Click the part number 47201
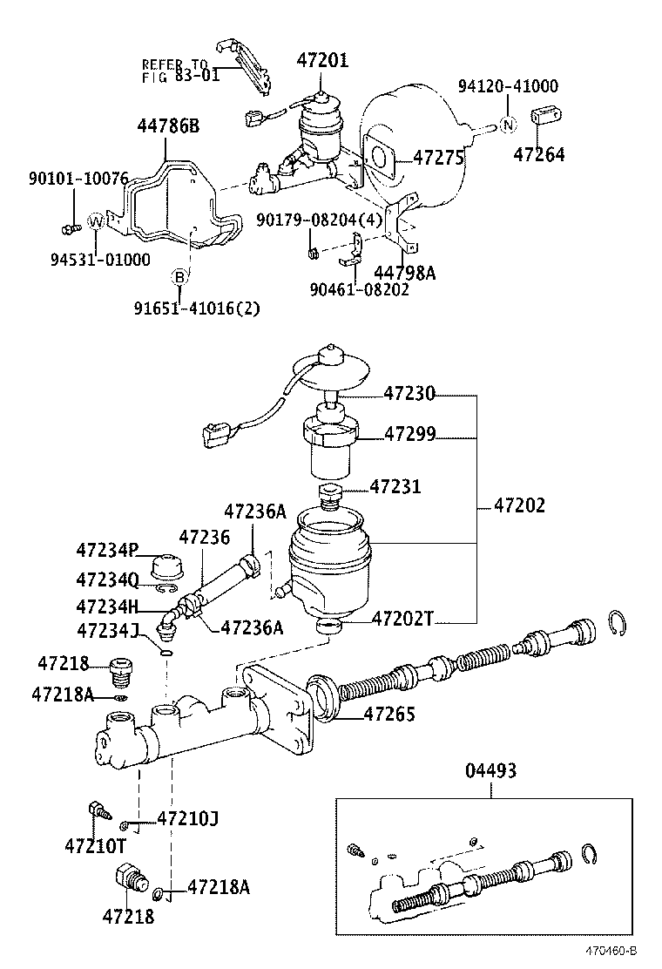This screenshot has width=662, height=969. pyautogui.click(x=321, y=60)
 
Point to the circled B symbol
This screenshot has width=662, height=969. pyautogui.click(x=179, y=277)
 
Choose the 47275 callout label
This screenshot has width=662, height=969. pyautogui.click(x=440, y=158)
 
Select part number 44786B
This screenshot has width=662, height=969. pyautogui.click(x=167, y=126)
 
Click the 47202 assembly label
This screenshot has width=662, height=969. pyautogui.click(x=520, y=505)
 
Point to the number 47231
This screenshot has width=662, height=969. pyautogui.click(x=395, y=486)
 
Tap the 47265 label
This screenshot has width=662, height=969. pyautogui.click(x=388, y=715)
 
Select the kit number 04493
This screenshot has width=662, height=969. pyautogui.click(x=490, y=770)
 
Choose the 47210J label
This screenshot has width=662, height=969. pyautogui.click(x=187, y=818)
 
